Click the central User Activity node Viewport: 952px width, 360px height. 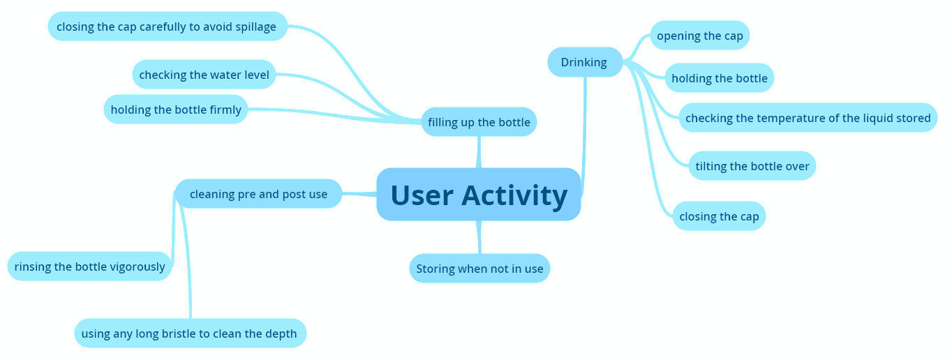479,195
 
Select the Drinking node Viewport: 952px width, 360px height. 584,62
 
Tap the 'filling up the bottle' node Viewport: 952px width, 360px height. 479,122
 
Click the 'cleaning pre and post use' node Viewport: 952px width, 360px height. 258,194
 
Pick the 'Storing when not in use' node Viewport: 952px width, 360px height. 479,269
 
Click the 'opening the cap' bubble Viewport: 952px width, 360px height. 699,36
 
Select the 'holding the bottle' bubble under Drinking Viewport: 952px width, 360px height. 719,78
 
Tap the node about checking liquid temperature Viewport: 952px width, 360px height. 808,118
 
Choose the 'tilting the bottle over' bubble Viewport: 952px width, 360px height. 752,166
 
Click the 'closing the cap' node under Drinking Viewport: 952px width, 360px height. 718,216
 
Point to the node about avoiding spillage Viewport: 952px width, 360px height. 167,27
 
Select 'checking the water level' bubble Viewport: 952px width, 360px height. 204,75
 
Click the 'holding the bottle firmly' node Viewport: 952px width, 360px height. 176,110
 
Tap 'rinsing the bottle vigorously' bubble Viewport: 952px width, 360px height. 89,267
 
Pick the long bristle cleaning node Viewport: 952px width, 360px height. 189,333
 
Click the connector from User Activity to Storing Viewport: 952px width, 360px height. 479,237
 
